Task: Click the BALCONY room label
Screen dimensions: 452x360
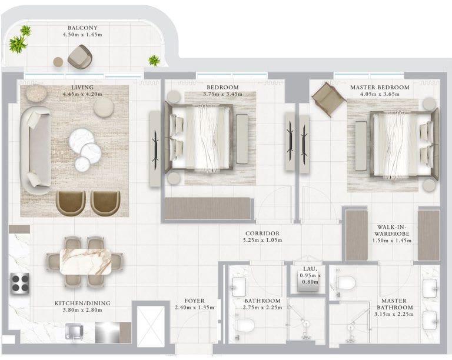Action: coord(82,28)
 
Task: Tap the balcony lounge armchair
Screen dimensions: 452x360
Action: coord(80,56)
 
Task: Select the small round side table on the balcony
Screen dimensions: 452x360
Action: coord(58,62)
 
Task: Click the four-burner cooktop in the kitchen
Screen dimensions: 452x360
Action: coord(20,284)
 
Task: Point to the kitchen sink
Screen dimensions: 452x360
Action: coord(75,331)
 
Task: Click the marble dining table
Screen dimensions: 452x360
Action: coord(85,262)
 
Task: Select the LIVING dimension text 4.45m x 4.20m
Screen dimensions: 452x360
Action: coord(82,94)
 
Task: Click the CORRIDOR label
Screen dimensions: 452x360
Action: coord(262,234)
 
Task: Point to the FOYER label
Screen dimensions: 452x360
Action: coord(195,301)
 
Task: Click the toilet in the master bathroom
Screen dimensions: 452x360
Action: coord(346,282)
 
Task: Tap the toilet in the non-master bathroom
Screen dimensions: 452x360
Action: coord(245,325)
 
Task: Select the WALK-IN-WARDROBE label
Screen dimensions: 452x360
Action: coord(392,230)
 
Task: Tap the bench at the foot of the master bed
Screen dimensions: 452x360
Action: coord(361,146)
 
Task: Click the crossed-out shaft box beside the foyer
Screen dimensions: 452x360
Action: coord(151,326)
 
